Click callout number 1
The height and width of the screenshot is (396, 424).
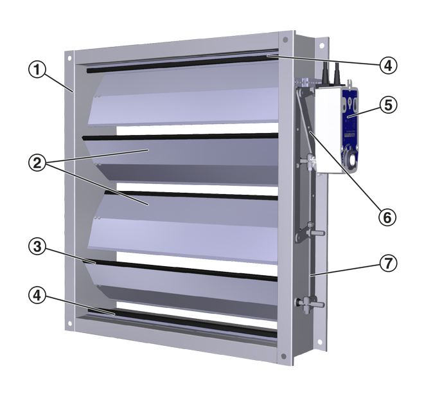37,69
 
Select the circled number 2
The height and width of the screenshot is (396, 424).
37,163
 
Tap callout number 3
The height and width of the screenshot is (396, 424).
37,247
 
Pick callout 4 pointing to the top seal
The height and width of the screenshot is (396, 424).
388,65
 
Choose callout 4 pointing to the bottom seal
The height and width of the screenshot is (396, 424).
37,295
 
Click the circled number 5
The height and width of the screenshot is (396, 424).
388,105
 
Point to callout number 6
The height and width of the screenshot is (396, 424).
387,217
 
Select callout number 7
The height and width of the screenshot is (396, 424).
388,263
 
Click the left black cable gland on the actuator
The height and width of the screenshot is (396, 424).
325,73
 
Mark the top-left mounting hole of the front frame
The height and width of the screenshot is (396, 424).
69,59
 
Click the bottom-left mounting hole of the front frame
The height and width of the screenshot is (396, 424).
70,323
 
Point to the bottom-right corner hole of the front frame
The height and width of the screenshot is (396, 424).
284,356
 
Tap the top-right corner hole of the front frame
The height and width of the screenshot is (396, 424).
285,40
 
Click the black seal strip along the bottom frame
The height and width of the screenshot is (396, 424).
182,322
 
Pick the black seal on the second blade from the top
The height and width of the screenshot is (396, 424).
180,136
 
